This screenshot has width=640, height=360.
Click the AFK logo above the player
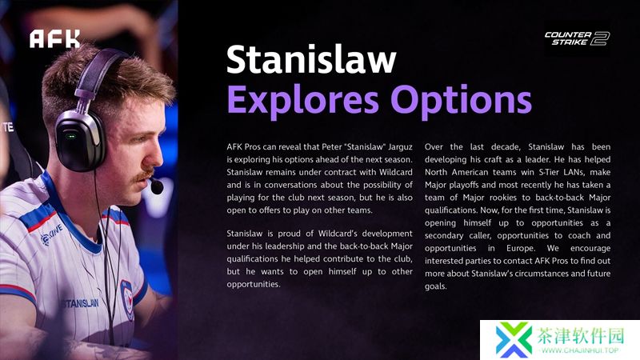pos(54,38)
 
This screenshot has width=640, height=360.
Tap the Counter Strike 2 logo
pos(577,38)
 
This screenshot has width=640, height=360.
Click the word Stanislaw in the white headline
pos(311,59)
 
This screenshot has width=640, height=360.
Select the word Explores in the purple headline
pos(302,101)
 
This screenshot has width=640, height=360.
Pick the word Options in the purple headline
pos(462,101)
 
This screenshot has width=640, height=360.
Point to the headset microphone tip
pos(157,186)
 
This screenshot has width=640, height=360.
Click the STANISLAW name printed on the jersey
pos(80,303)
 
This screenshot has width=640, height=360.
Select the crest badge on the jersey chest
pos(127,299)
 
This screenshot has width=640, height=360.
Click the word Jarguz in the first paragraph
pos(400,147)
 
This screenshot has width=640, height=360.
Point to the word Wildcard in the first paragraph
pos(395,172)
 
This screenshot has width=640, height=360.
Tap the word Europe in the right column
pos(521,248)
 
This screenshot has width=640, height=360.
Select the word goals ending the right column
pos(435,286)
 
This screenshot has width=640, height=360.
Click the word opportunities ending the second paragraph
pos(254,284)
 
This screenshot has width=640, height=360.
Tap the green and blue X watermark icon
pos(513,339)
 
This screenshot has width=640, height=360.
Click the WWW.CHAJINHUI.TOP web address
pos(580,350)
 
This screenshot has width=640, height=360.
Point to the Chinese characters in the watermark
pos(581,335)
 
